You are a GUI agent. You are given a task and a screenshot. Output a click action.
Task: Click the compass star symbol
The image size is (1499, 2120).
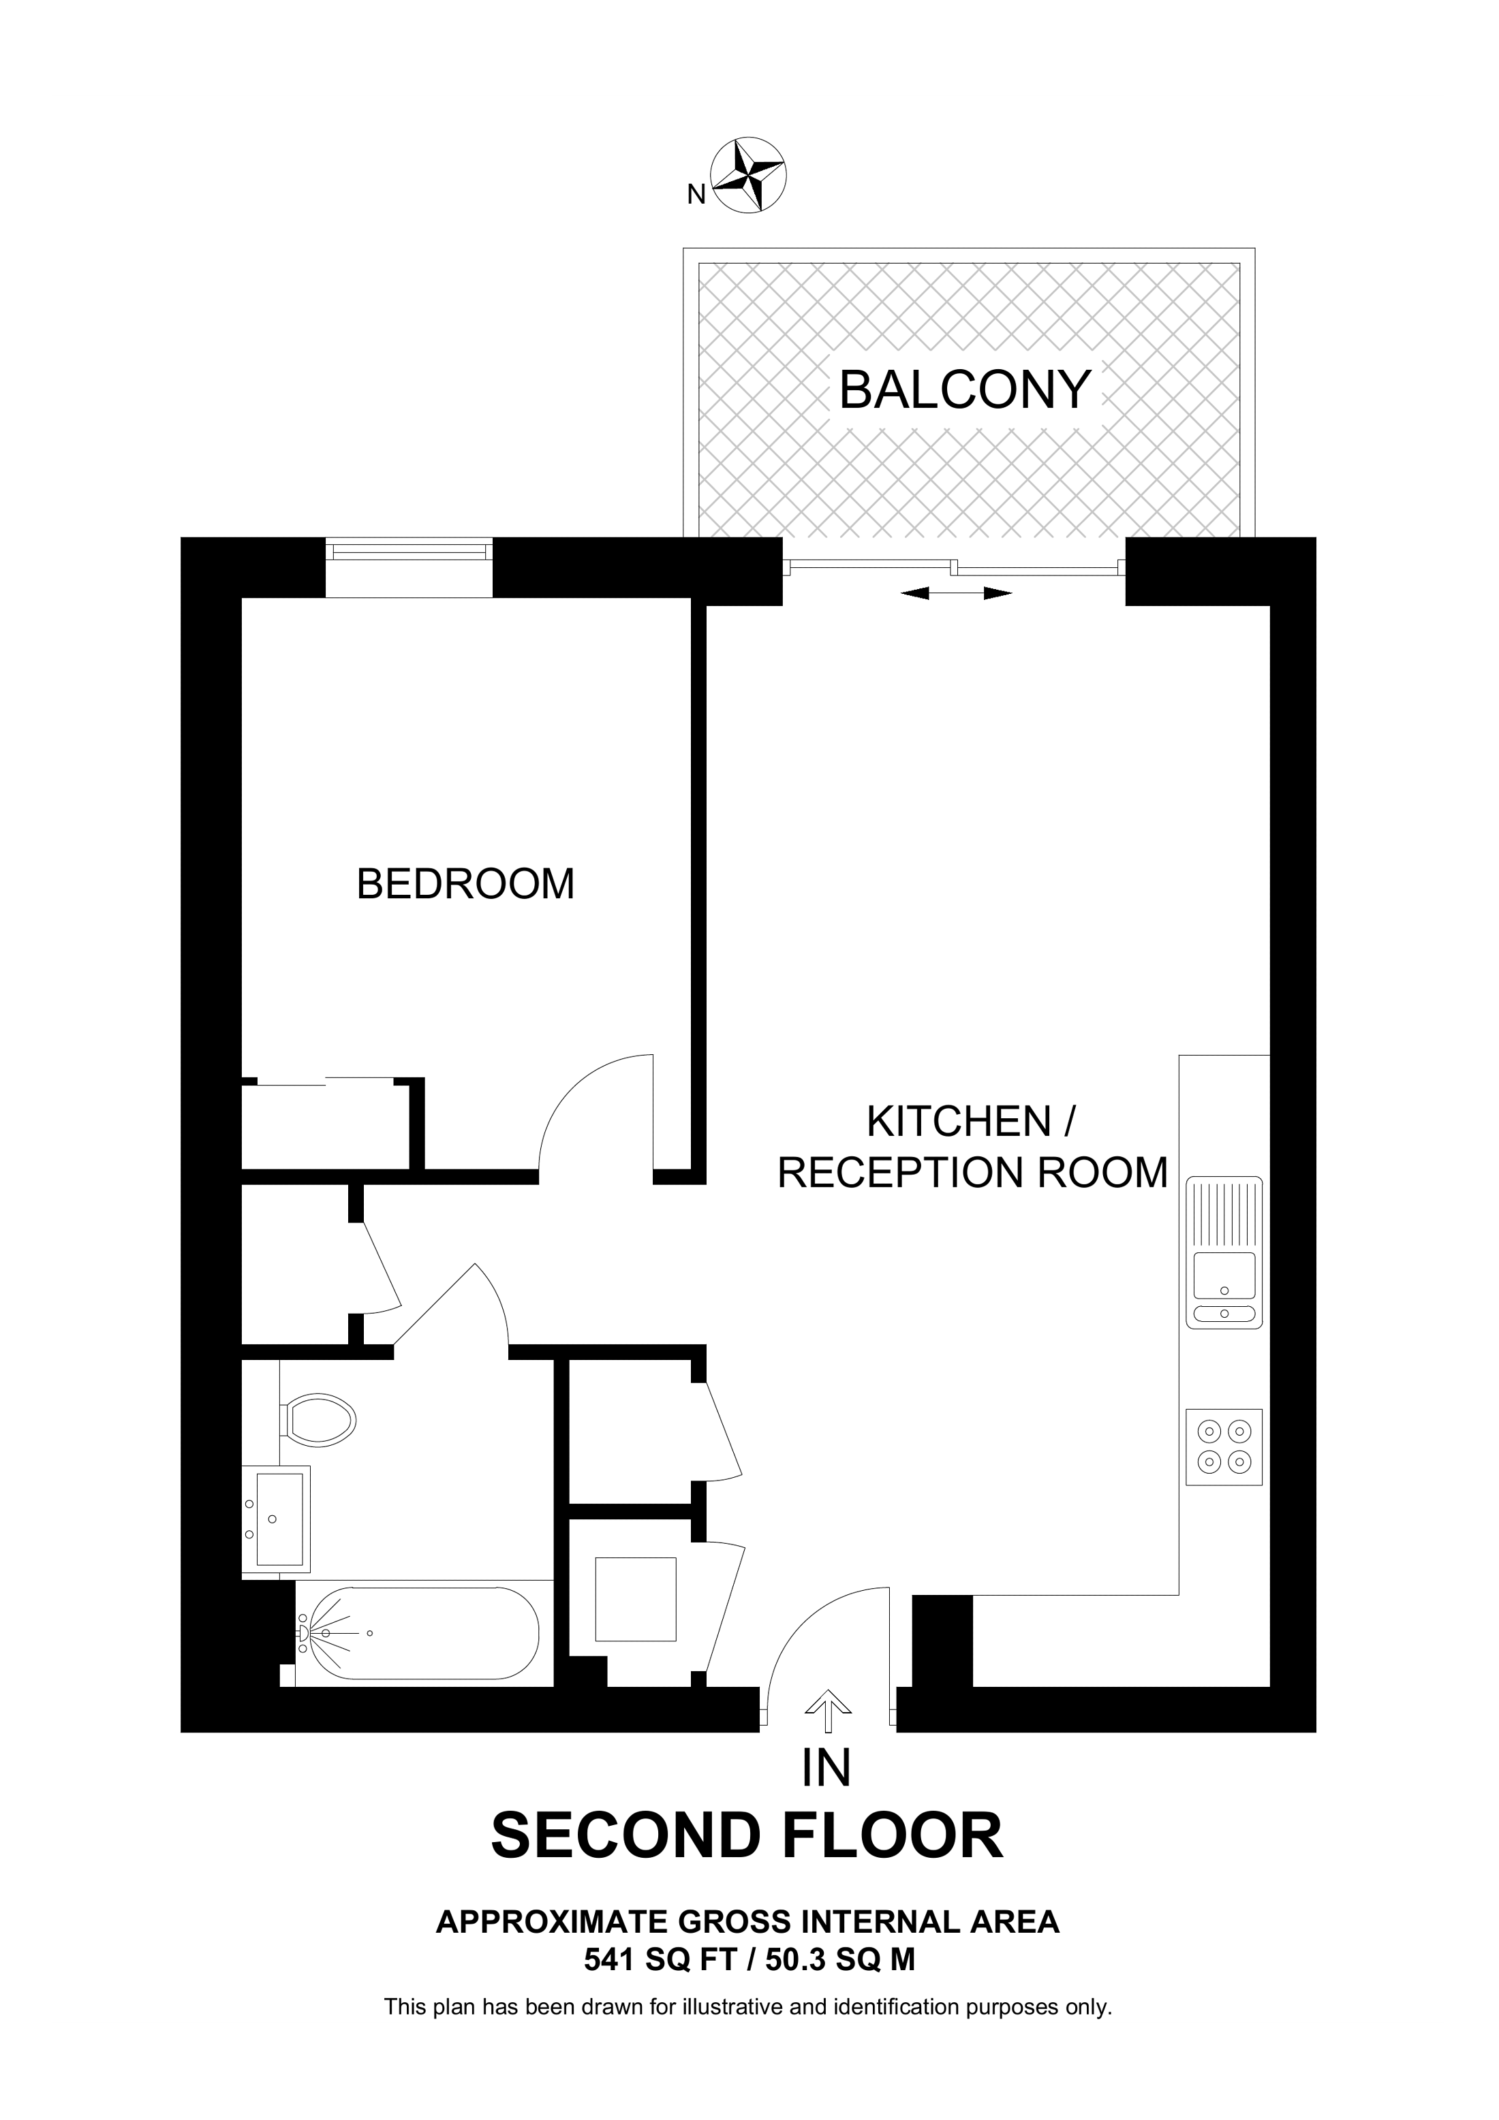(748, 176)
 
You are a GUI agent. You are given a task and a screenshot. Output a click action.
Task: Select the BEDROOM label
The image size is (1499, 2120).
(465, 884)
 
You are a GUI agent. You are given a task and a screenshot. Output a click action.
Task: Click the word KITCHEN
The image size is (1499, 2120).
(959, 1122)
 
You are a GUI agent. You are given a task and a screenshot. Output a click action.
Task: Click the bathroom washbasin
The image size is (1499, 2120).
(276, 1518)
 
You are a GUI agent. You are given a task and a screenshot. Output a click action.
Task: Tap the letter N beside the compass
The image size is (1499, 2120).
(696, 194)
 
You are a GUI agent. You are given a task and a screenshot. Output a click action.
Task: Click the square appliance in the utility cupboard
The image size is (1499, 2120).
(636, 1598)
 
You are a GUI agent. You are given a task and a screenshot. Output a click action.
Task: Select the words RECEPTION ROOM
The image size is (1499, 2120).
(972, 1173)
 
